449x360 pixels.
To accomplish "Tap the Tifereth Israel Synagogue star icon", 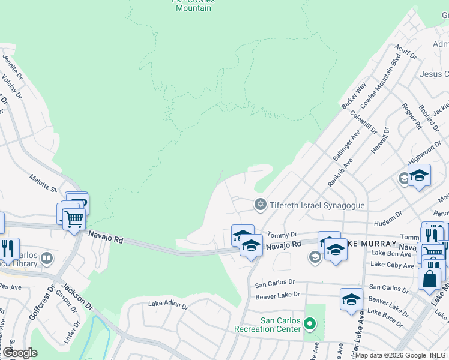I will (260, 205).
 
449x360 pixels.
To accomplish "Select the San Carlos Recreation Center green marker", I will (310, 325).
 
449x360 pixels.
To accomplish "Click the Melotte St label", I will (43, 182).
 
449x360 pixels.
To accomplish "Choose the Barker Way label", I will (354, 96).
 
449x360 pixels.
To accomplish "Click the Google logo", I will (19, 352).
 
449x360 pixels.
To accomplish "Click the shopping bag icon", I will (430, 280).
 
